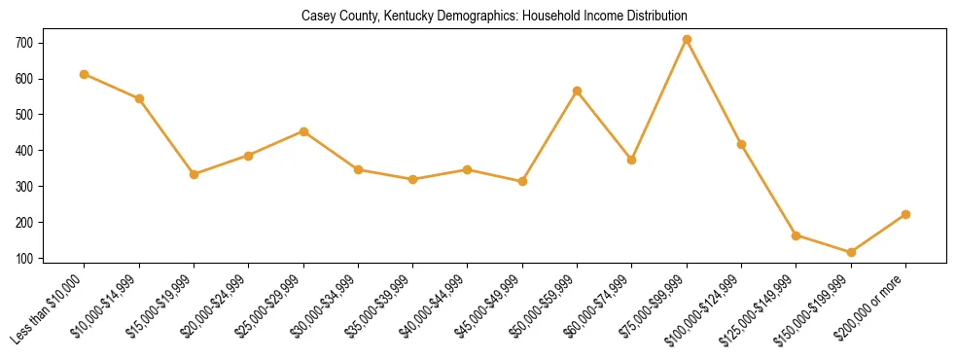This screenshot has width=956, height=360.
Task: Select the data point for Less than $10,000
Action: pyautogui.click(x=85, y=74)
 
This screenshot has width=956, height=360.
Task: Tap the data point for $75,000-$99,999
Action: pyautogui.click(x=687, y=40)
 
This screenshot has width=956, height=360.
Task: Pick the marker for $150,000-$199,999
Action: pyautogui.click(x=851, y=253)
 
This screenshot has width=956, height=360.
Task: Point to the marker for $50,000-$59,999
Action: pyautogui.click(x=577, y=91)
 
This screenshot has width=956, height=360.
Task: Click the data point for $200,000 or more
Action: pyautogui.click(x=905, y=214)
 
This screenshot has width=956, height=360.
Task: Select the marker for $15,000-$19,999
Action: pyautogui.click(x=195, y=174)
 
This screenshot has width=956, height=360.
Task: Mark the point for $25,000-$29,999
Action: pyautogui.click(x=303, y=131)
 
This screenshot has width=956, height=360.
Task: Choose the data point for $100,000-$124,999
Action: pyautogui.click(x=741, y=145)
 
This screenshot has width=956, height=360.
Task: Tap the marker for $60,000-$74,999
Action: pyautogui.click(x=632, y=160)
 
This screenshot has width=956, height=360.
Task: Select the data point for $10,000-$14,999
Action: pyautogui.click(x=139, y=98)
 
